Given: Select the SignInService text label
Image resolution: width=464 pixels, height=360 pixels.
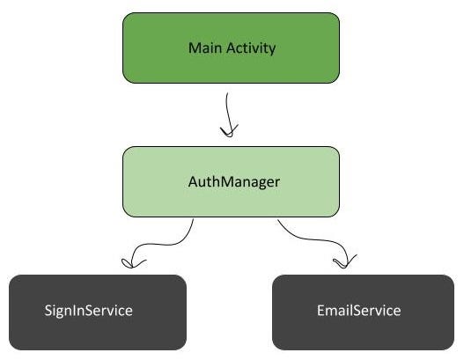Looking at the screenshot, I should click(x=89, y=311).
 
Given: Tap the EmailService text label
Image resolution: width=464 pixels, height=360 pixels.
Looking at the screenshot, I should click(x=359, y=311).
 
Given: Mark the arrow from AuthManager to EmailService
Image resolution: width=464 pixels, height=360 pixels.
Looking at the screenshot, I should click(x=313, y=243).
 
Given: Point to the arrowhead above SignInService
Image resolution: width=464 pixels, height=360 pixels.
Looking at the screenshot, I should click(x=132, y=261).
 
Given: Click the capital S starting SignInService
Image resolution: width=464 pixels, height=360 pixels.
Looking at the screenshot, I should click(x=48, y=311).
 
